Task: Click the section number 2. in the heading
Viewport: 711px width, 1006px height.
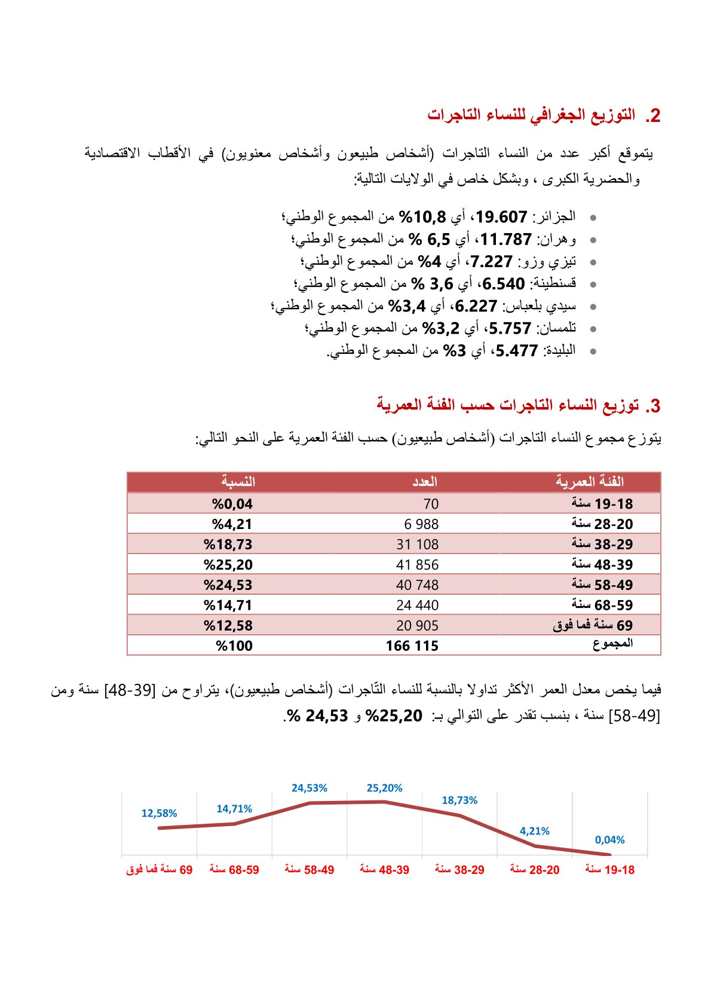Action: coord(652,116)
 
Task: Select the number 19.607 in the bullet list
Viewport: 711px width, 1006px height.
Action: coord(501,216)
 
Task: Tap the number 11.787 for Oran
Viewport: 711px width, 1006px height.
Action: coord(505,239)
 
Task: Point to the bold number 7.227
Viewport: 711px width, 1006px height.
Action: coord(491,262)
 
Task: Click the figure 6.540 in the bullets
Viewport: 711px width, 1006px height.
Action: coord(503,284)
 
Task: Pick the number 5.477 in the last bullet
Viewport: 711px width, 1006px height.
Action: coord(516,351)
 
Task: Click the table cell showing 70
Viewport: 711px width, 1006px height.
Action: coord(430,504)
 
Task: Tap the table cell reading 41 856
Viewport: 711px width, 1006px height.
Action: coord(417,565)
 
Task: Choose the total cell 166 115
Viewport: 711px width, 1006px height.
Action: coord(412,646)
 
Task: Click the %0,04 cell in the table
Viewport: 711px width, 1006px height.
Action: coord(232,504)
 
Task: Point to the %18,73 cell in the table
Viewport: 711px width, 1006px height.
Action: coord(228,545)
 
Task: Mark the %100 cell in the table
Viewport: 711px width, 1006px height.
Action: coord(234,646)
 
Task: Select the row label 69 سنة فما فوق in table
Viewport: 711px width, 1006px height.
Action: coord(592,625)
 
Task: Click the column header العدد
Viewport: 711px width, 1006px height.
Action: coord(425,482)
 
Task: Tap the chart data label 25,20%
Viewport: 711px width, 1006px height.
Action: coord(384,788)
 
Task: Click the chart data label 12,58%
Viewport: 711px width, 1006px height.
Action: coord(159,814)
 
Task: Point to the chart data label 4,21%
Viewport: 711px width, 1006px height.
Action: coord(534,831)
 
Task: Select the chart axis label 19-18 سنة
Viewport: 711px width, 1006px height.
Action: coord(609,870)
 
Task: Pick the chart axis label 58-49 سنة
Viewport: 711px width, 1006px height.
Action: coord(309,870)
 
